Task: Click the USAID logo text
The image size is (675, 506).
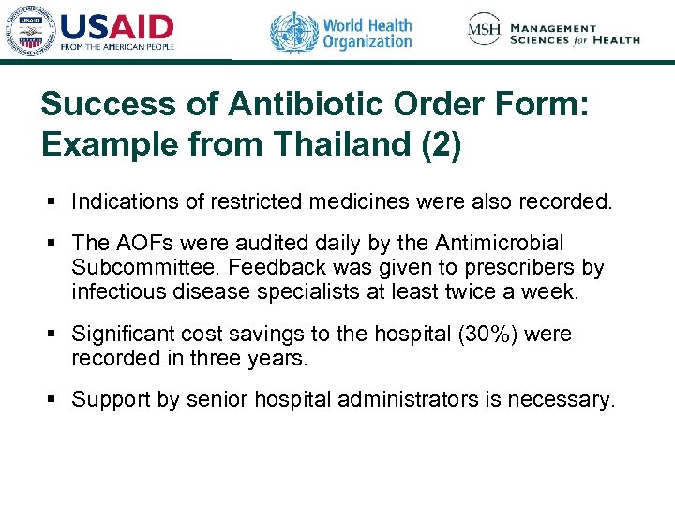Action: click(117, 26)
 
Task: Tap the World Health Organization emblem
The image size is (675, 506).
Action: click(294, 33)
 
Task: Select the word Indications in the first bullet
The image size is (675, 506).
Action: click(120, 201)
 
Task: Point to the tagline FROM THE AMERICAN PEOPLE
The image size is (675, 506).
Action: click(118, 45)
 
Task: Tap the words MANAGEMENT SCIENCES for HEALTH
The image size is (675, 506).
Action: click(575, 34)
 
